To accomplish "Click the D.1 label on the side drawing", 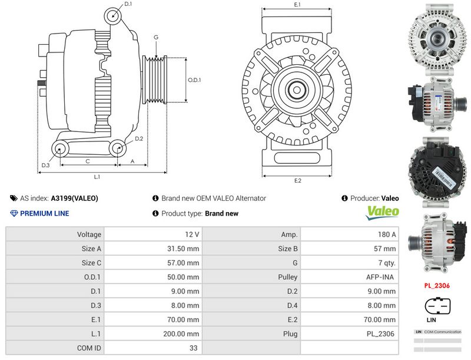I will (x=128, y=4).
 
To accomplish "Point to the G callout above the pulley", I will (x=156, y=37).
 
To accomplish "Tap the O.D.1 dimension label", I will (x=194, y=80).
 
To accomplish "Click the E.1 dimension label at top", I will (x=297, y=5).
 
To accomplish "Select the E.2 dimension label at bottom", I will (x=298, y=180).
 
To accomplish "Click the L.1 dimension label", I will (x=97, y=176).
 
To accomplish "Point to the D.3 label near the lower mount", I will (x=45, y=165).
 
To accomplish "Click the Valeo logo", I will (x=383, y=212).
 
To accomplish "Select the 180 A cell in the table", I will (x=387, y=235).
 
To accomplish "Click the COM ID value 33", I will (x=193, y=348).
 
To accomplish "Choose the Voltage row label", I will (x=89, y=235).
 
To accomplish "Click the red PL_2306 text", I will (x=437, y=286).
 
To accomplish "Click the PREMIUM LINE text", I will (x=44, y=213).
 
